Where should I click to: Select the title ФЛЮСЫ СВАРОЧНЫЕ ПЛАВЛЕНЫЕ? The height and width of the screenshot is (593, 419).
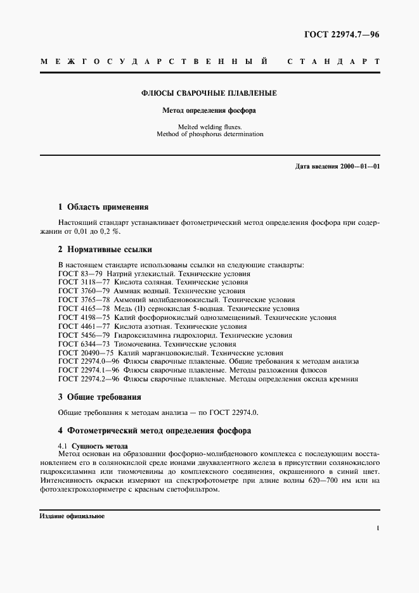click(209, 93)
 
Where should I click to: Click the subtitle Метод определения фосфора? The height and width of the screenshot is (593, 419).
click(209, 110)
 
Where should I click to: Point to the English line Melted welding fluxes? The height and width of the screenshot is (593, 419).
click(209, 126)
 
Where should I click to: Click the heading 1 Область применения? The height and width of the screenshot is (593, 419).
click(103, 207)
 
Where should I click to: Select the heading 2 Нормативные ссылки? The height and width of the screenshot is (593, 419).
click(105, 249)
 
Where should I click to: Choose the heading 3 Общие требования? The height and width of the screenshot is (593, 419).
click(100, 397)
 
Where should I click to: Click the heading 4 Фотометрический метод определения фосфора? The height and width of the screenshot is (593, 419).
click(155, 431)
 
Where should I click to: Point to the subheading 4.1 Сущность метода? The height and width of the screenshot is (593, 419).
click(93, 446)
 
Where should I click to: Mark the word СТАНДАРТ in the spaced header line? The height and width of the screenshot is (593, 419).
click(333, 62)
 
